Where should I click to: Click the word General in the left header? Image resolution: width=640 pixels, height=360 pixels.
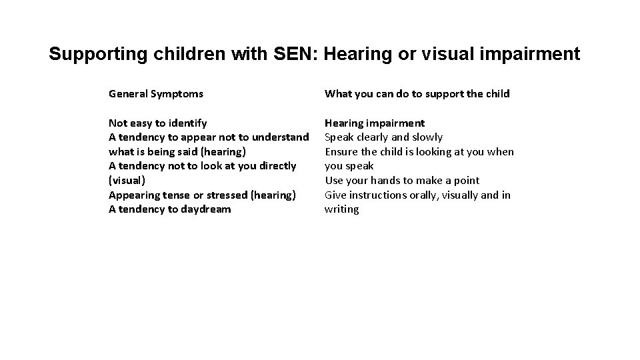tap(129, 94)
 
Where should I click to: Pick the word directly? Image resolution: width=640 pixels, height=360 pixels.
tap(275, 166)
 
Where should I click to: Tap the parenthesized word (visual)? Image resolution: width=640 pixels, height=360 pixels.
tap(126, 181)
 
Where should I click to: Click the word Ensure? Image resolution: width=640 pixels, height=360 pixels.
tap(341, 152)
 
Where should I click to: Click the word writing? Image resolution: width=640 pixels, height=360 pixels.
tap(342, 209)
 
